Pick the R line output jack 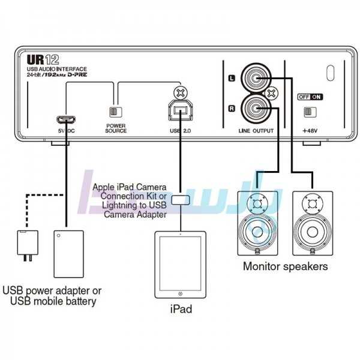255,108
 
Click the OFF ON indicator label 310,96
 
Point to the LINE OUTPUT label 255,130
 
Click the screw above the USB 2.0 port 178,92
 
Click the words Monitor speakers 285,266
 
